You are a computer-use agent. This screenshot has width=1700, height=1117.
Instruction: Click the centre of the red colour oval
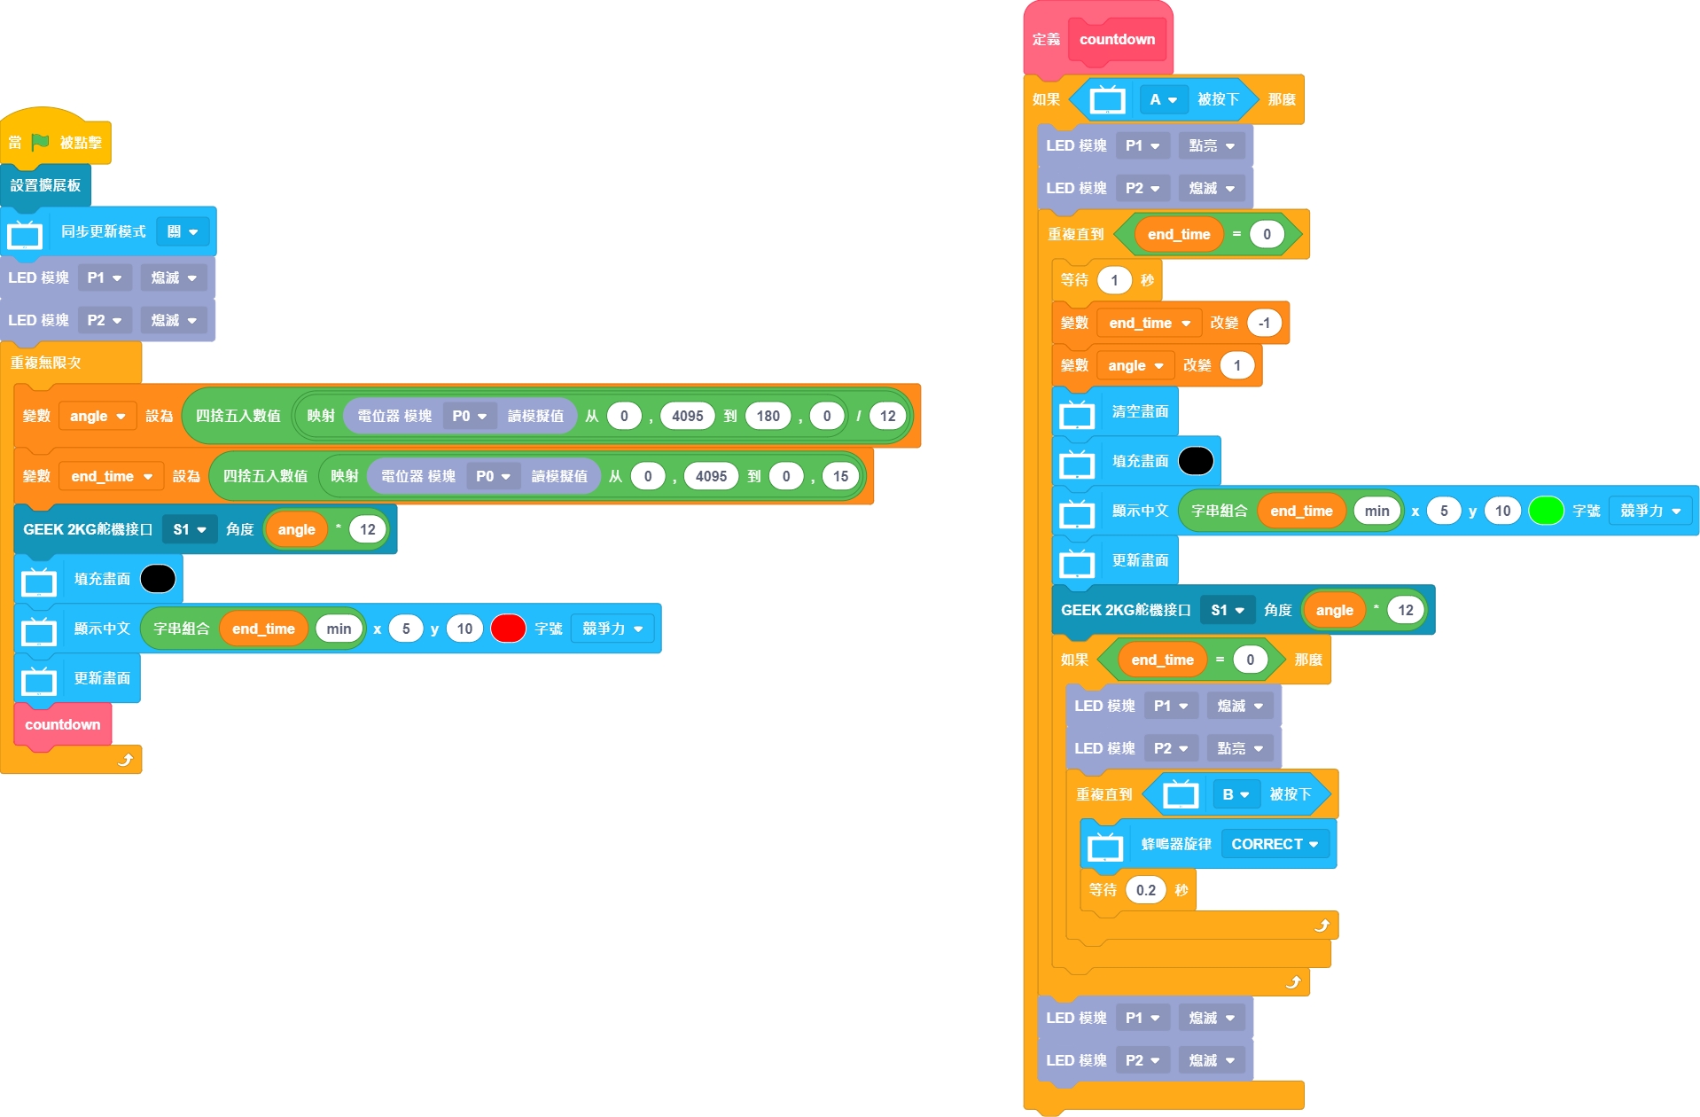coord(508,629)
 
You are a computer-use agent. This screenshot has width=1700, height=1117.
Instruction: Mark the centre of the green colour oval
coord(1546,511)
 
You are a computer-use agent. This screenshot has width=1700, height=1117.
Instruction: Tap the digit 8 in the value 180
coord(768,416)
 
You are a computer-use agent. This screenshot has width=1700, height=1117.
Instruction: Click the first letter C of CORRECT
coord(1236,844)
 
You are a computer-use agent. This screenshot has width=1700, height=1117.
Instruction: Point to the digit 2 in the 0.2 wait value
coord(1151,890)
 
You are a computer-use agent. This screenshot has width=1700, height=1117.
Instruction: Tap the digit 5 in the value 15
coord(845,476)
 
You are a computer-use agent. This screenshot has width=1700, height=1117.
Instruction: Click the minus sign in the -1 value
coord(1259,323)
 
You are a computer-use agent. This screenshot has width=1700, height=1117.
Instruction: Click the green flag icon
coord(40,142)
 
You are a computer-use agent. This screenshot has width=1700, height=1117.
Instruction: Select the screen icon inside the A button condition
coord(1107,100)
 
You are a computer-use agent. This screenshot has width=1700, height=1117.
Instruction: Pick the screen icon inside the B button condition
coord(1180,795)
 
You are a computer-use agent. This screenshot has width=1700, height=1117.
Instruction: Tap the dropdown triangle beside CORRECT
coord(1314,845)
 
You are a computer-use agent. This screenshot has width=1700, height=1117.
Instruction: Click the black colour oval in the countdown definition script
coord(1196,461)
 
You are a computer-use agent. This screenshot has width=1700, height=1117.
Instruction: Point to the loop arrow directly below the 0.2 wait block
coord(1322,926)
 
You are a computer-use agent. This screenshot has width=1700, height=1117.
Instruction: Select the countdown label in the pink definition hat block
coord(1117,39)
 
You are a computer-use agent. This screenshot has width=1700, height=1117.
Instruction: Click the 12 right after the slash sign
coord(887,416)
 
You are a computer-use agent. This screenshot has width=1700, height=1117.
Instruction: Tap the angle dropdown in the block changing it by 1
coord(1135,365)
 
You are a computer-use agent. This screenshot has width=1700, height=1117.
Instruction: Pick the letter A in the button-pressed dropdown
coord(1155,100)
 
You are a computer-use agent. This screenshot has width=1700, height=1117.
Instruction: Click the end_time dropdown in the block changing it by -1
coord(1149,323)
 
